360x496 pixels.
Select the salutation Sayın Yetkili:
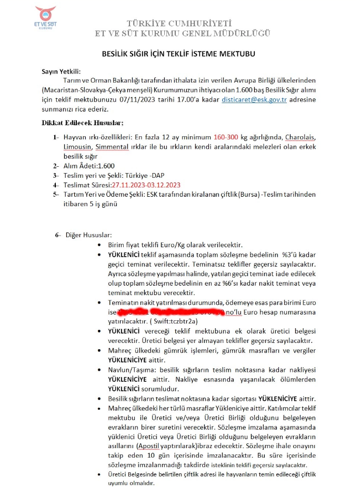(x=62, y=71)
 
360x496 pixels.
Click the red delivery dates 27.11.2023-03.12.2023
(x=146, y=185)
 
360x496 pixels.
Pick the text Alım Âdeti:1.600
(x=88, y=166)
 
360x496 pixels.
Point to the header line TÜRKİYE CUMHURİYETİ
(x=179, y=23)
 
